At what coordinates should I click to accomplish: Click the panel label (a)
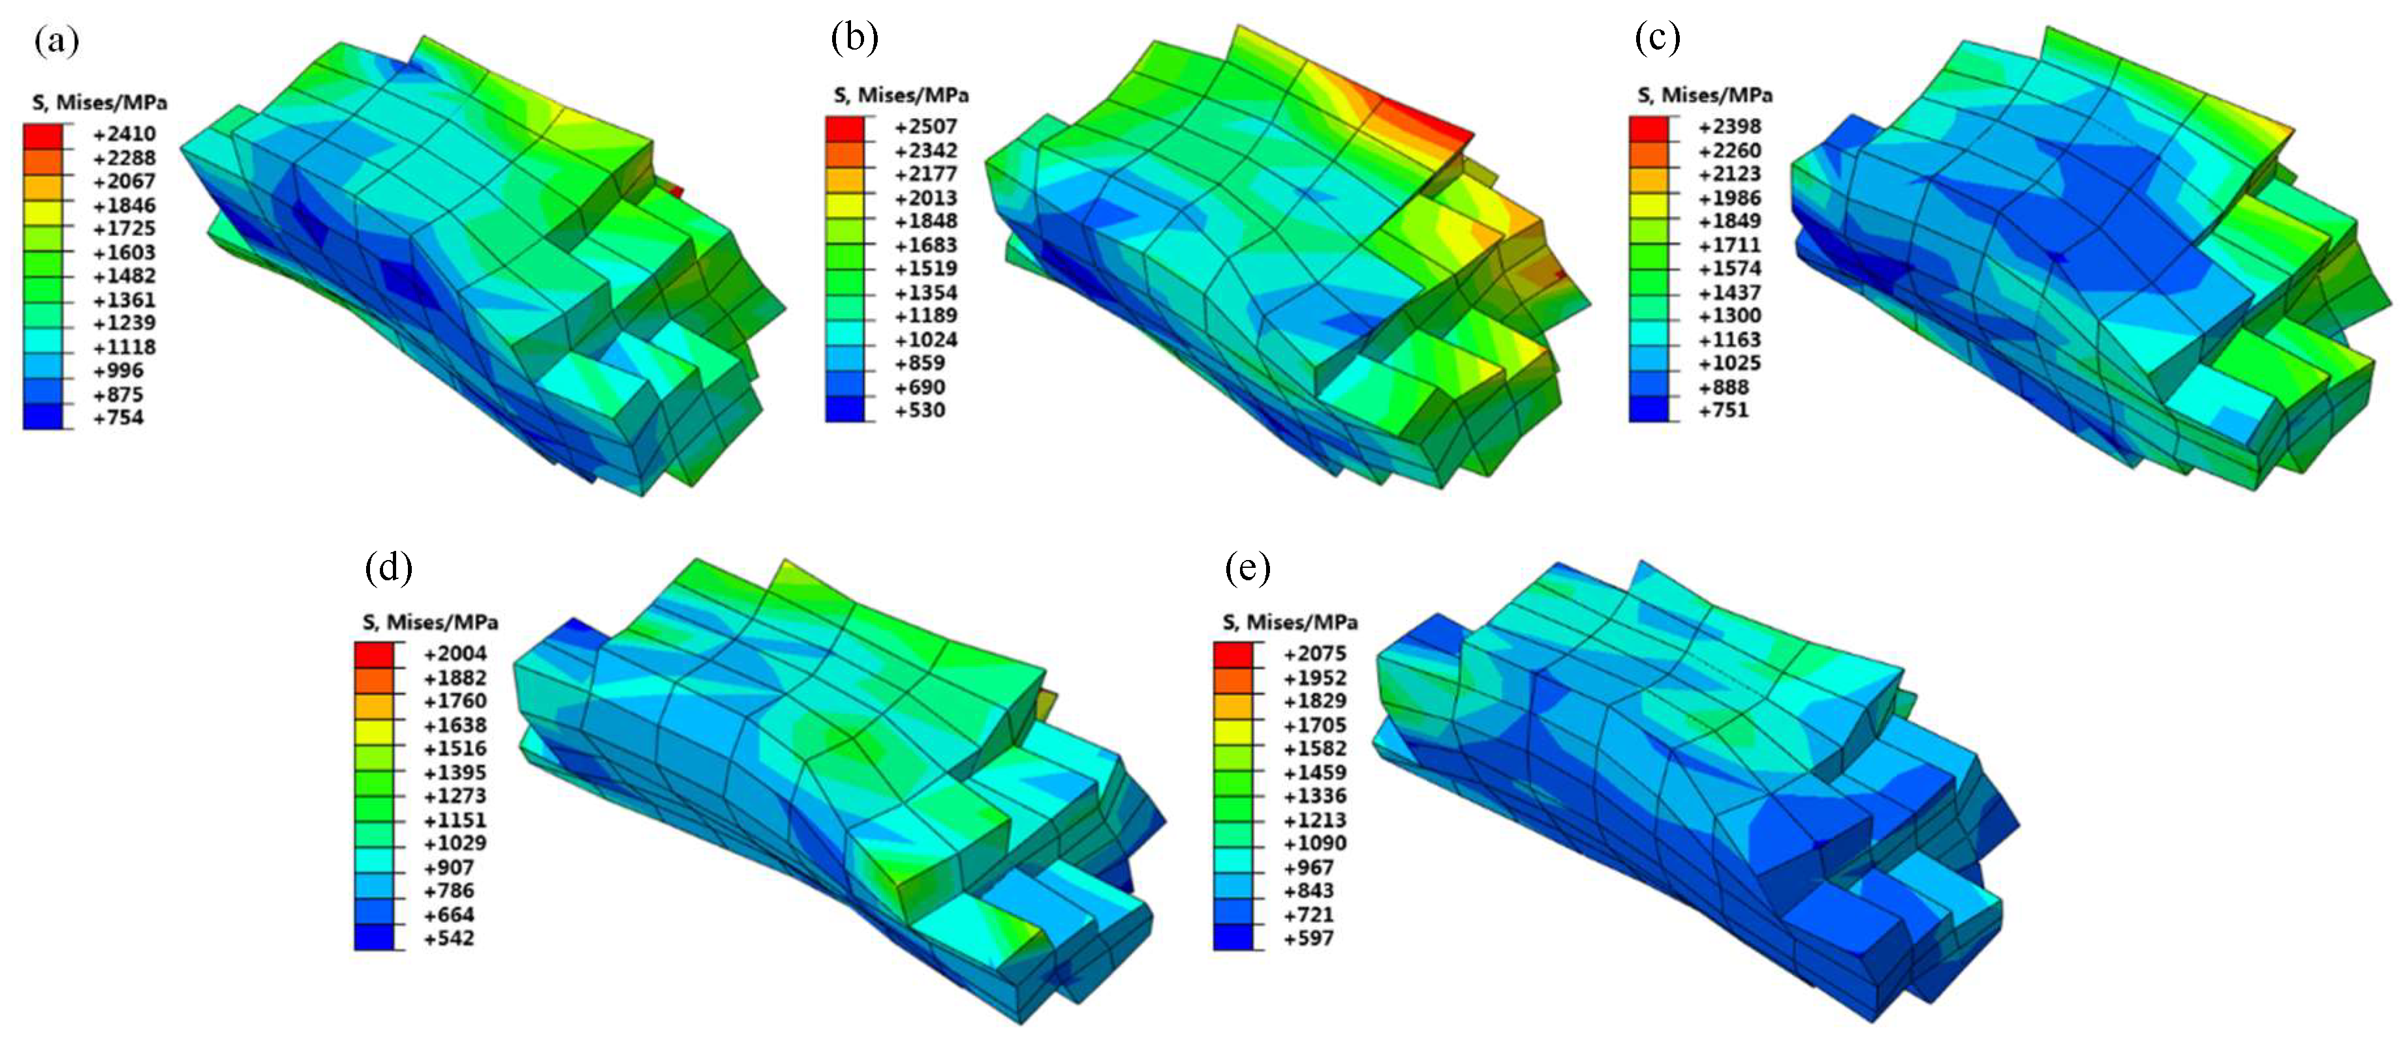[56, 41]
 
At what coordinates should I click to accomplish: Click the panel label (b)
[854, 37]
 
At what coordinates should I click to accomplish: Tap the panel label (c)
[1657, 37]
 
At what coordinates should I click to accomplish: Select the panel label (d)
[389, 567]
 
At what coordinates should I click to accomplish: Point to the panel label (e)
[1248, 567]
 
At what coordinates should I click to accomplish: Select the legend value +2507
[925, 127]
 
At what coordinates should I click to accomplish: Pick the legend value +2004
[455, 653]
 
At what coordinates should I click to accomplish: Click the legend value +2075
[1314, 653]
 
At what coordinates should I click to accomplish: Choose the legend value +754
[118, 418]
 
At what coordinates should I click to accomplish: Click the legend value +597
[1309, 938]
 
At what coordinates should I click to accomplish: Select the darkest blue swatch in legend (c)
[1649, 409]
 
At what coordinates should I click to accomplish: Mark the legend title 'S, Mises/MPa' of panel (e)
[1290, 622]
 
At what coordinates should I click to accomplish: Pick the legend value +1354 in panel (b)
[925, 292]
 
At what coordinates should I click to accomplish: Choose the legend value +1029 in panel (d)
[455, 843]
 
